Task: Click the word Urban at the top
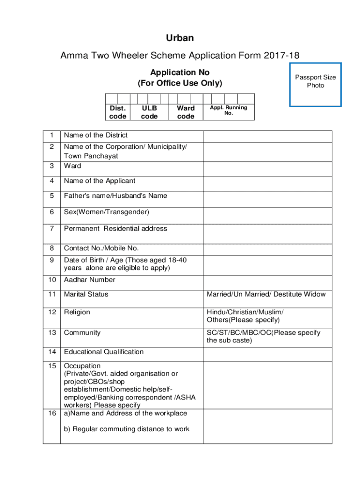point(180,38)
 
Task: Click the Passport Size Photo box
point(315,84)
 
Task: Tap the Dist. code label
point(117,112)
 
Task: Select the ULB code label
point(149,112)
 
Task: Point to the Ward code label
point(186,112)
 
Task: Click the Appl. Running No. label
point(229,110)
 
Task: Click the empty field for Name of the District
point(267,136)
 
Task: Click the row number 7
point(51,229)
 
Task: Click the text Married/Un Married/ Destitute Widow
point(266,294)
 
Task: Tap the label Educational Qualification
point(104,352)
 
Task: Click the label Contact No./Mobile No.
point(101,248)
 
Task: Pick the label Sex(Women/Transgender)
point(107,212)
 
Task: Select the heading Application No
point(180,73)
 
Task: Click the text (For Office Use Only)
point(180,84)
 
